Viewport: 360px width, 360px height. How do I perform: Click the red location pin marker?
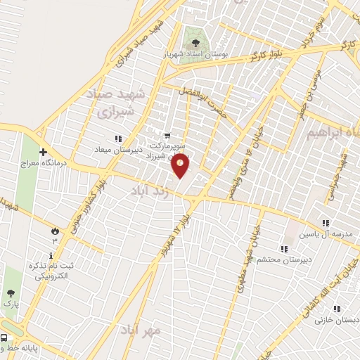181,166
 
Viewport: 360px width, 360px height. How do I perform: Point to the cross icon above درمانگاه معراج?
44,152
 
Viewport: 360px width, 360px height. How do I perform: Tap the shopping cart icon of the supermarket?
167,136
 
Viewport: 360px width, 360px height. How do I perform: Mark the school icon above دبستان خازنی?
337,309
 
